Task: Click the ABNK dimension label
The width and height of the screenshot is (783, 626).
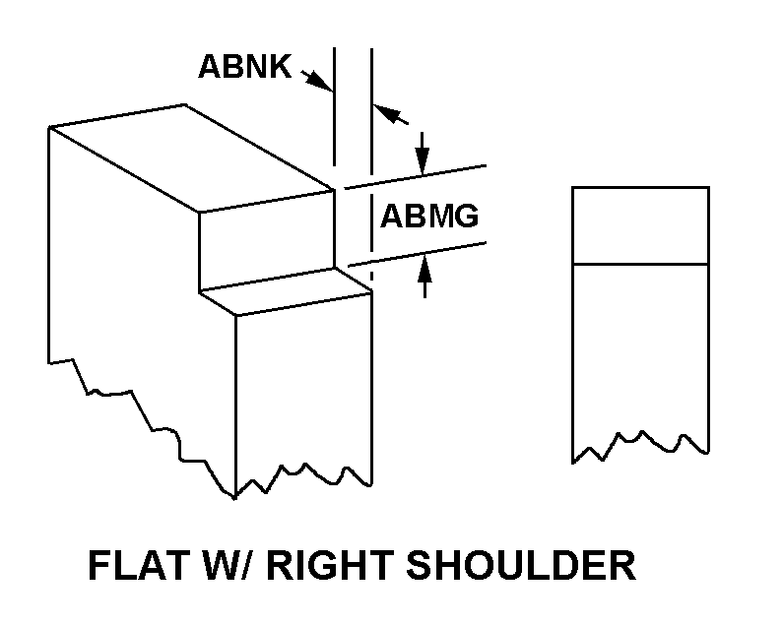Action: pos(244,66)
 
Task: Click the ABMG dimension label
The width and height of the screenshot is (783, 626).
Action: pos(429,216)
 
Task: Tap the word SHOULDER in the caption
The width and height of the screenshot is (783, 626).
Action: pos(521,565)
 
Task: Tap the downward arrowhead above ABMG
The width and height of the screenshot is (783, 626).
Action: pos(423,160)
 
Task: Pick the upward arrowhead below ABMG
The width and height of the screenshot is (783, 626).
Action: pos(424,269)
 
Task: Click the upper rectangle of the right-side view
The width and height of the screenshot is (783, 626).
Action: pos(640,225)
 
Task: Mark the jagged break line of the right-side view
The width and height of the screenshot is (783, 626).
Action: pos(640,446)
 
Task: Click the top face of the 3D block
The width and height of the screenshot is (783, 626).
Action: pos(191,158)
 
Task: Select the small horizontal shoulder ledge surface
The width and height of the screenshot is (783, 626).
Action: pos(286,292)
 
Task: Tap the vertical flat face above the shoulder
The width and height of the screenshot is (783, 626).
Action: pos(267,239)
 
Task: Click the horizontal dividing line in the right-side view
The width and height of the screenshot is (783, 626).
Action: pos(640,264)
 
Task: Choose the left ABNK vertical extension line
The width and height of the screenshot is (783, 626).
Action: pos(335,107)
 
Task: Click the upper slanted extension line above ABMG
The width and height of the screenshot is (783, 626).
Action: pos(416,177)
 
